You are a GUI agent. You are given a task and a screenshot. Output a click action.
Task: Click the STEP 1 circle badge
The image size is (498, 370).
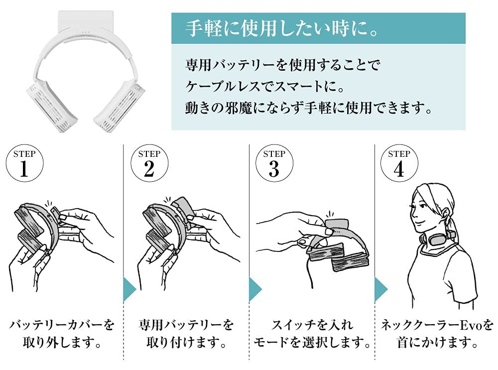tap(24, 163)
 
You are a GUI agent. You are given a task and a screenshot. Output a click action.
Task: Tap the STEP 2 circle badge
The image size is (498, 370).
tap(149, 163)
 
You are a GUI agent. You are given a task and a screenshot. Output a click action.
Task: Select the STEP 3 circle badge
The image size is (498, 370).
tap(274, 163)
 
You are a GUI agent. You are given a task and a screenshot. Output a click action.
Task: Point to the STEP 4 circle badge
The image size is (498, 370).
tap(399, 163)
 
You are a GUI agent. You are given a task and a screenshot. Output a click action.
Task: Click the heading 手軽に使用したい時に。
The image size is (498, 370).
tap(282, 28)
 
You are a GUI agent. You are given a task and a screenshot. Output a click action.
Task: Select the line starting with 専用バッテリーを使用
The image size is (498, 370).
tap(283, 65)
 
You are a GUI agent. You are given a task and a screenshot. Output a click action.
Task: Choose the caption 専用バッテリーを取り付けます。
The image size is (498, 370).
tap(186, 334)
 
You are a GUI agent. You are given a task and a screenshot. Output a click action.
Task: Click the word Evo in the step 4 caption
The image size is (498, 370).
tap(471, 325)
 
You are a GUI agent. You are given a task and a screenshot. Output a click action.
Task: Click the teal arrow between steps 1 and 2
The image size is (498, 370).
tap(129, 288)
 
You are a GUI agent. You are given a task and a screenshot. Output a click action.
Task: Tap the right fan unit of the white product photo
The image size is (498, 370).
tap(120, 103)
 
